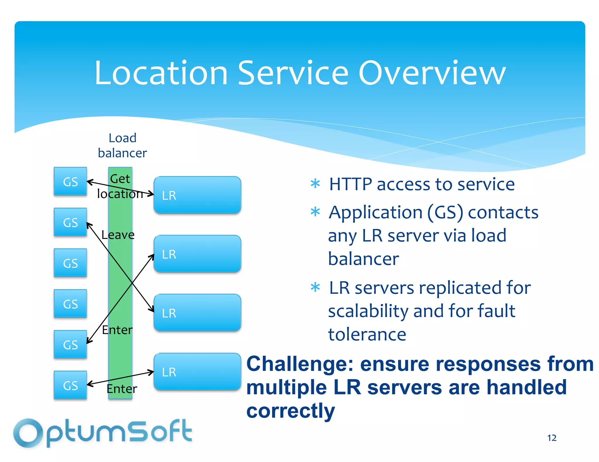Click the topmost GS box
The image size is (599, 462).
click(70, 181)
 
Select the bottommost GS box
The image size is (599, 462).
click(70, 385)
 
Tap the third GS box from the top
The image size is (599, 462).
click(70, 263)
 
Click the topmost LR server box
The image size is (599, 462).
click(197, 195)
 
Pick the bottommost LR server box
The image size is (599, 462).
click(197, 371)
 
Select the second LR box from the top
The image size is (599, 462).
click(197, 254)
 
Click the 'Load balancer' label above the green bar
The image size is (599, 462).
click(122, 145)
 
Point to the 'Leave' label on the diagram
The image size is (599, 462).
click(118, 235)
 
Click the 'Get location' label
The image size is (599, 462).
click(120, 186)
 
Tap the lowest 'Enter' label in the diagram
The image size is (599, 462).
click(122, 389)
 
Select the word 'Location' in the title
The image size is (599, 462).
click(161, 73)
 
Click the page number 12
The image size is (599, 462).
click(552, 438)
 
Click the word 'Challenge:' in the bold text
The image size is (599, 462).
click(300, 364)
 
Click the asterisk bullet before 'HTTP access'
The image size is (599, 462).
click(315, 184)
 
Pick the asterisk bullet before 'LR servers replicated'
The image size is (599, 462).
click(315, 287)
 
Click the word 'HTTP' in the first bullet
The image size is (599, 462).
click(351, 184)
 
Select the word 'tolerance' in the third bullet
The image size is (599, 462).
click(367, 334)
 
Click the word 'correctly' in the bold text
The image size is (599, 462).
click(290, 411)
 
